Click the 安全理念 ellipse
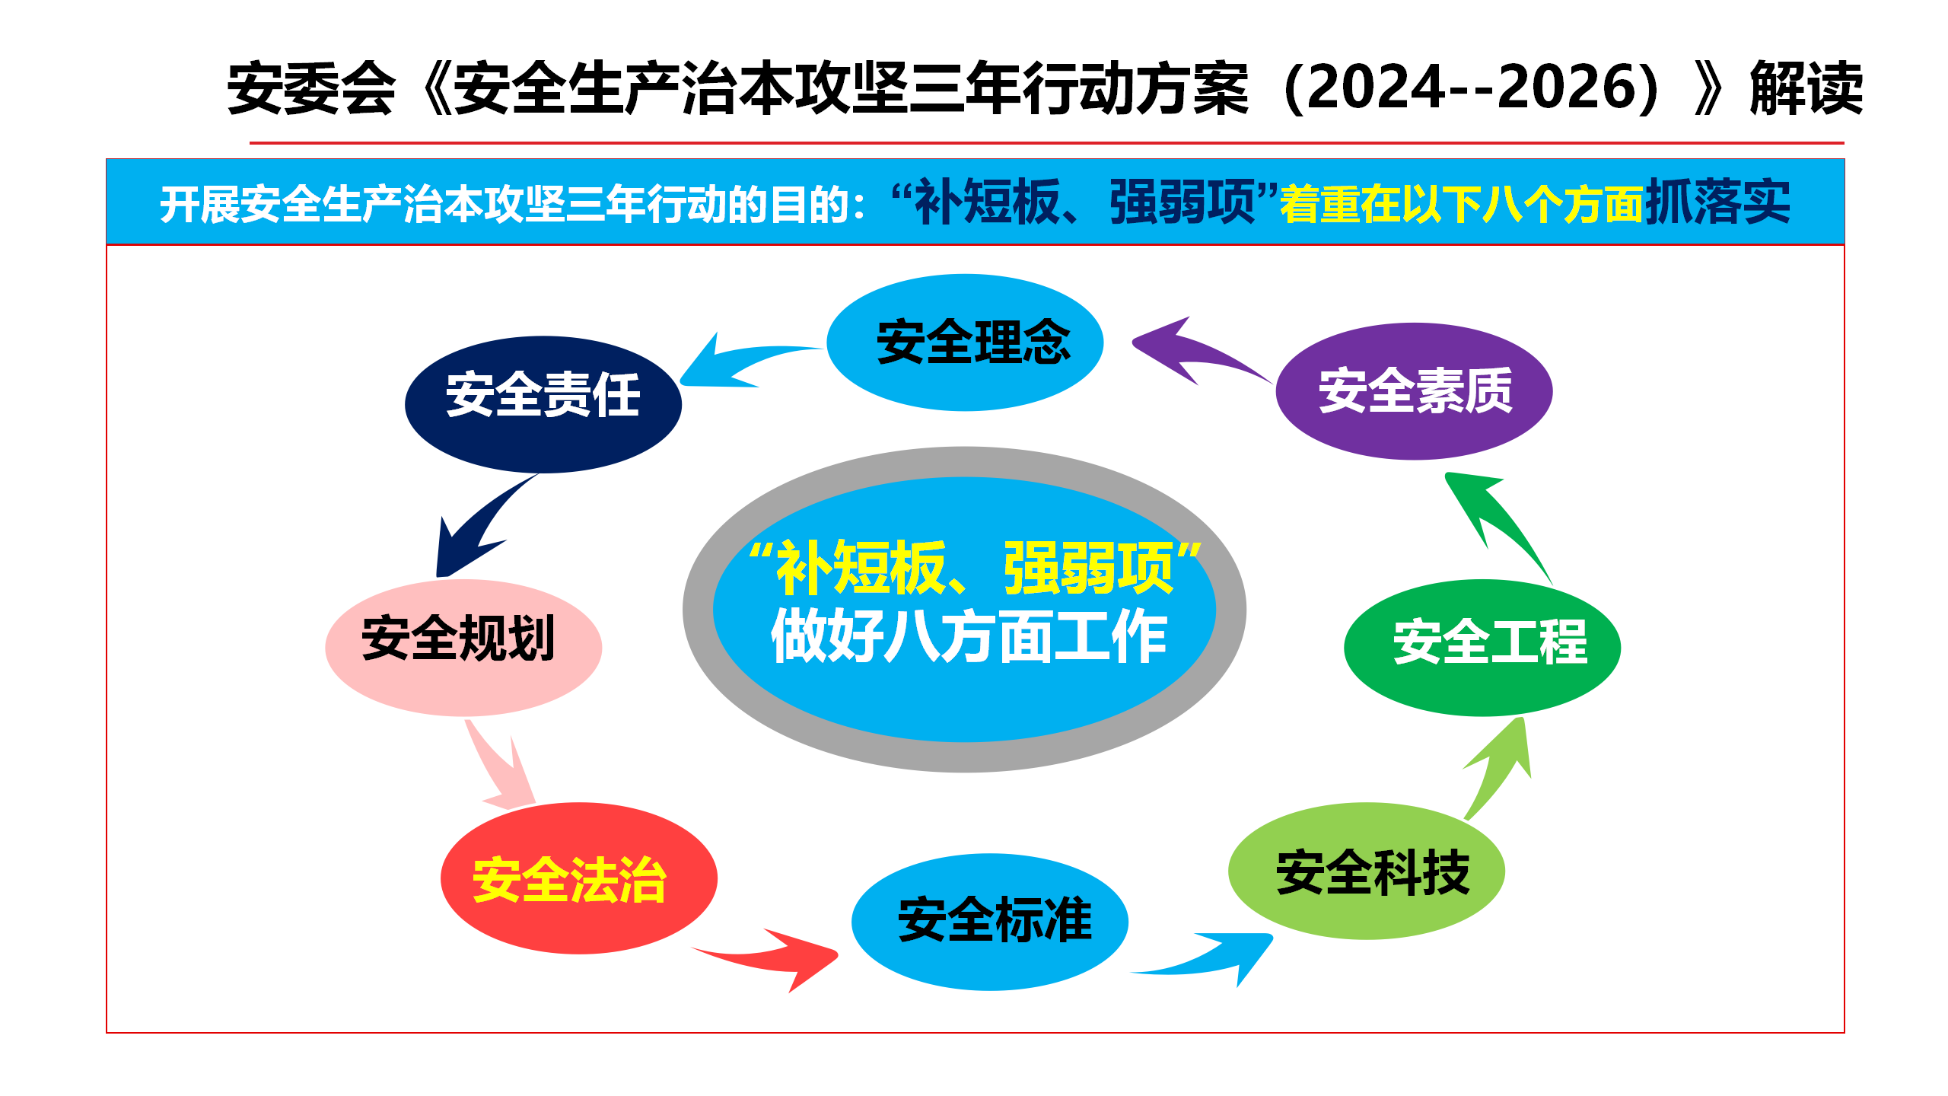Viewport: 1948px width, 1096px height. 965,342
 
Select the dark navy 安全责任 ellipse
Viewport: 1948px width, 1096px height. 543,404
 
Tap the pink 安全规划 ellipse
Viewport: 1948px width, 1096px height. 463,648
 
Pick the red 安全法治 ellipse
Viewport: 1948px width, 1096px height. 579,878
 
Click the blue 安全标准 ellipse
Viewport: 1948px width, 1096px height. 990,922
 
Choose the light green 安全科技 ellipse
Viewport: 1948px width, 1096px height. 1367,871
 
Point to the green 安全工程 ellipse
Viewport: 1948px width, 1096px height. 1482,648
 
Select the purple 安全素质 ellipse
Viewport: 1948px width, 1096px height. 1414,391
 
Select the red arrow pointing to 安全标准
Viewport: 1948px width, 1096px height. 769,957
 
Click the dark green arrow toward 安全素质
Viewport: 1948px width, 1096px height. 1495,525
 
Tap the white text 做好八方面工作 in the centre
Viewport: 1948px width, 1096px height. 969,636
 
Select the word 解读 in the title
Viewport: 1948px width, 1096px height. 1806,88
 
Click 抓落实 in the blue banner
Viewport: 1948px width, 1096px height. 1718,202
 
